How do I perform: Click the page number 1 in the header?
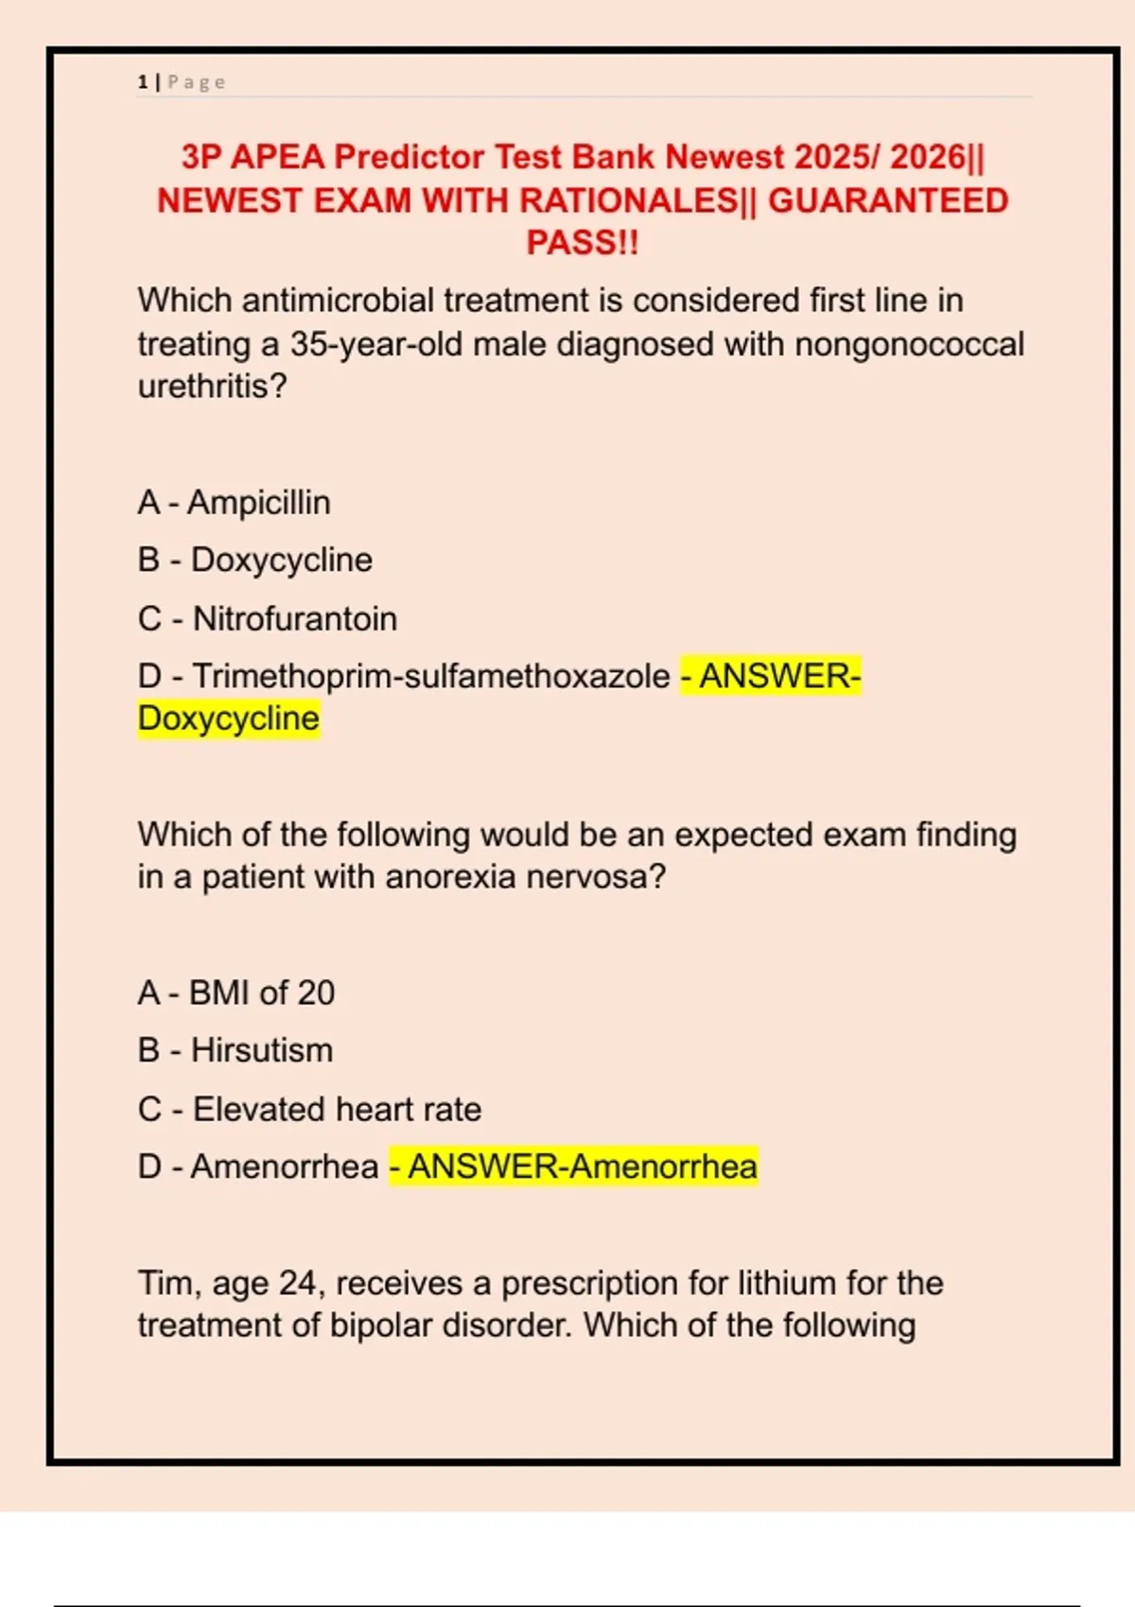tap(142, 82)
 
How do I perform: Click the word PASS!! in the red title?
tap(583, 243)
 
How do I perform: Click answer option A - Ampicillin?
tap(234, 502)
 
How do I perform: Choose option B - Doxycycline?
tap(254, 560)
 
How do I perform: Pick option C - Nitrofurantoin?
tap(267, 618)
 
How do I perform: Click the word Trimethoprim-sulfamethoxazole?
tap(431, 676)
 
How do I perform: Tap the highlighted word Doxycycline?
tap(229, 718)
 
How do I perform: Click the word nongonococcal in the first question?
tap(909, 344)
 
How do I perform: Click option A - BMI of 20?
tap(236, 993)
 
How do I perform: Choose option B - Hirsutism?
tap(235, 1050)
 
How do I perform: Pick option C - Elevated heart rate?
tap(309, 1109)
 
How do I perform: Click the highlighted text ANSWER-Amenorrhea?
tap(582, 1166)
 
